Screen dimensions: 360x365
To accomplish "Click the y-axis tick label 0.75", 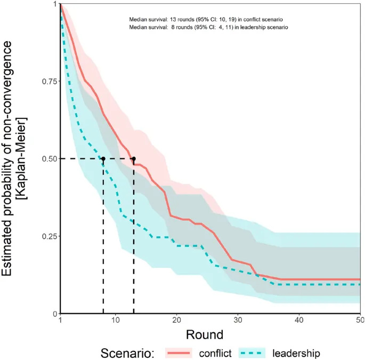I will click(48, 81).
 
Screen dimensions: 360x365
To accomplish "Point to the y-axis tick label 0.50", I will click(48, 158).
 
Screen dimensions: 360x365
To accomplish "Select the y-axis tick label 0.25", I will click(48, 236).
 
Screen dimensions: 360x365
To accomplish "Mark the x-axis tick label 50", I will click(360, 319).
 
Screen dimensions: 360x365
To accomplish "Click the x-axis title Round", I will click(204, 334).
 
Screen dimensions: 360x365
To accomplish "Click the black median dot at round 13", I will click(134, 159).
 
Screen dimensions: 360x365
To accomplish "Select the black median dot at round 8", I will click(103, 159).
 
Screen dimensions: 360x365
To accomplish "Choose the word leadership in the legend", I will click(296, 353).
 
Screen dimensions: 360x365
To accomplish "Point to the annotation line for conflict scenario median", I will click(208, 19).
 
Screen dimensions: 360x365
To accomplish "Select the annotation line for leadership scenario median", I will click(208, 26).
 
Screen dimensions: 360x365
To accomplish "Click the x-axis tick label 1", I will click(61, 319).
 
